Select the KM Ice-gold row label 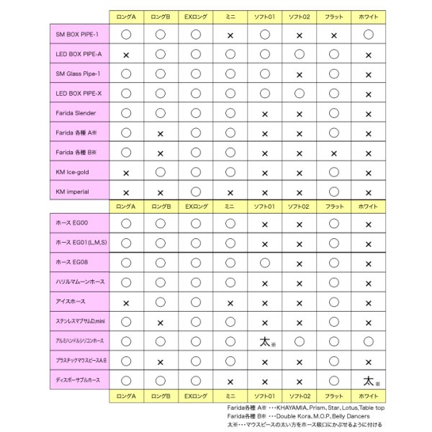pos(73,172)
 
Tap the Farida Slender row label pos(76,113)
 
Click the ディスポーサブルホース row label pos(78,379)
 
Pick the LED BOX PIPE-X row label pos(78,93)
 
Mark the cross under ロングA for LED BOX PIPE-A pos(126,55)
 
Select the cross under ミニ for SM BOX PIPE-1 pos(230,35)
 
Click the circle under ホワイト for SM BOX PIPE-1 pos(368,34)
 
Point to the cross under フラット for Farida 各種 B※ pos(334,153)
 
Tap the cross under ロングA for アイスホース pos(126,303)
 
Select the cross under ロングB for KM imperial pos(161,193)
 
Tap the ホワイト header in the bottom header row pos(368,396)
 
